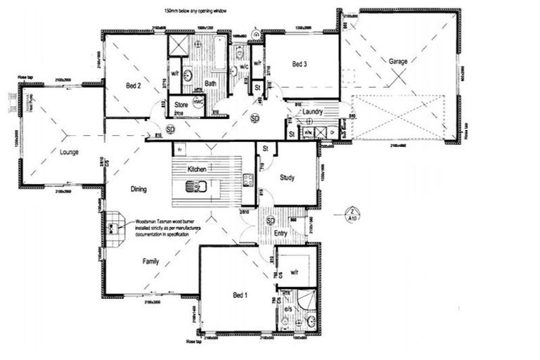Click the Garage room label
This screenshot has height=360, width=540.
point(398,61)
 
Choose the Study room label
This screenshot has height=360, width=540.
point(286,178)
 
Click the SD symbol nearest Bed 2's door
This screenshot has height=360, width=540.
point(170,129)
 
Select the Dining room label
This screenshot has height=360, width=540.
point(139,189)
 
